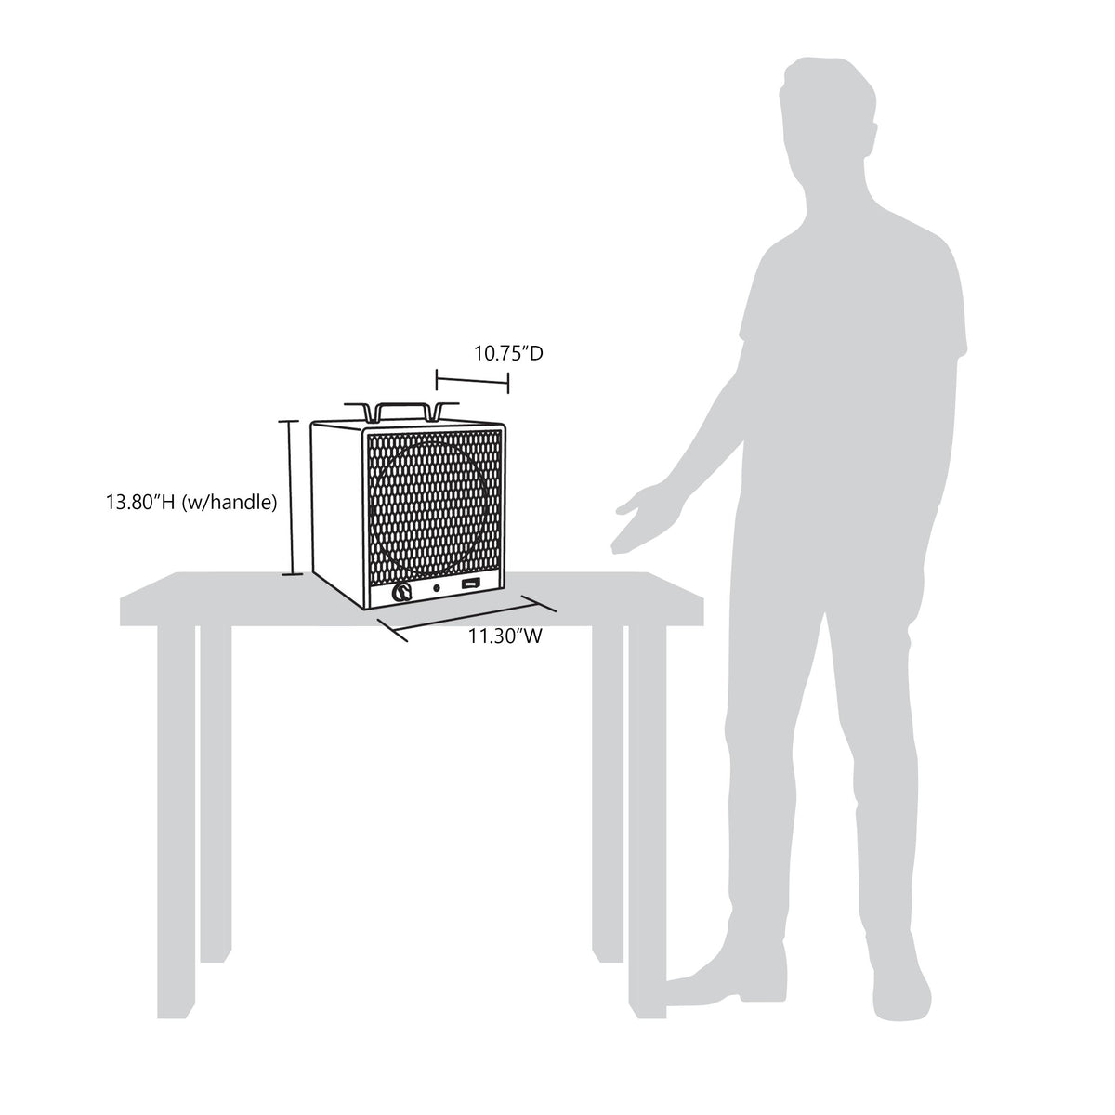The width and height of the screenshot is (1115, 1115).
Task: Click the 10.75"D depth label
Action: click(508, 353)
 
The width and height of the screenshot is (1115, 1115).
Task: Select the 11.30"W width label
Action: click(505, 636)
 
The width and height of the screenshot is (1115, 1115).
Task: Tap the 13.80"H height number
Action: click(140, 502)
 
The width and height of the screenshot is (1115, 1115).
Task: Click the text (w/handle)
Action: click(230, 503)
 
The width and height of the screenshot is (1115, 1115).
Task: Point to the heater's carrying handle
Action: click(401, 411)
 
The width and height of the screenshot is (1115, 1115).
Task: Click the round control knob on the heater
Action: click(401, 593)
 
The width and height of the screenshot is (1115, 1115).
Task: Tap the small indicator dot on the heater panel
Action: click(437, 588)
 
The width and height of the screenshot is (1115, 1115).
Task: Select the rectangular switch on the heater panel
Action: click(470, 586)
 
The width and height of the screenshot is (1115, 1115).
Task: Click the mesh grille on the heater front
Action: click(434, 507)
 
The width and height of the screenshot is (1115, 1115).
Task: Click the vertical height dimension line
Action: click(292, 498)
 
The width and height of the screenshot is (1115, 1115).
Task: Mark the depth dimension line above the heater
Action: click(472, 382)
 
